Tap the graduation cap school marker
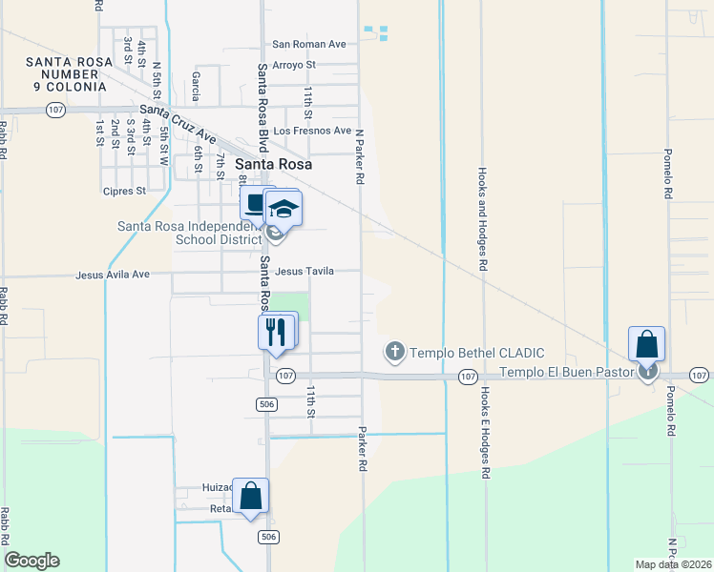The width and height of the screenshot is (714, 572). (x=283, y=208)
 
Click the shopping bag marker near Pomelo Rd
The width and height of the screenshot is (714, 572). (x=646, y=343)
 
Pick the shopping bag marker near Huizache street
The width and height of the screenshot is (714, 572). (x=250, y=496)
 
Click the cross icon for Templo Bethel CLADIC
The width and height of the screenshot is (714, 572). (x=394, y=353)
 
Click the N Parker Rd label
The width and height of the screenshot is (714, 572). (x=362, y=157)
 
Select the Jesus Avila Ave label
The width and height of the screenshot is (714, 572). (x=114, y=275)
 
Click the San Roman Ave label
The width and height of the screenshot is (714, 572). (x=308, y=44)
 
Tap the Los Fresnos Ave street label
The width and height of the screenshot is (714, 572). (x=312, y=131)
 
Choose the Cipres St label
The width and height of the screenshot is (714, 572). (x=126, y=190)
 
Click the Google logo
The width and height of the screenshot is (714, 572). (x=31, y=561)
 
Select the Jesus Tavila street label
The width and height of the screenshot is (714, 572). (x=304, y=272)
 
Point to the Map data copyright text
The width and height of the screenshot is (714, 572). (x=674, y=564)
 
